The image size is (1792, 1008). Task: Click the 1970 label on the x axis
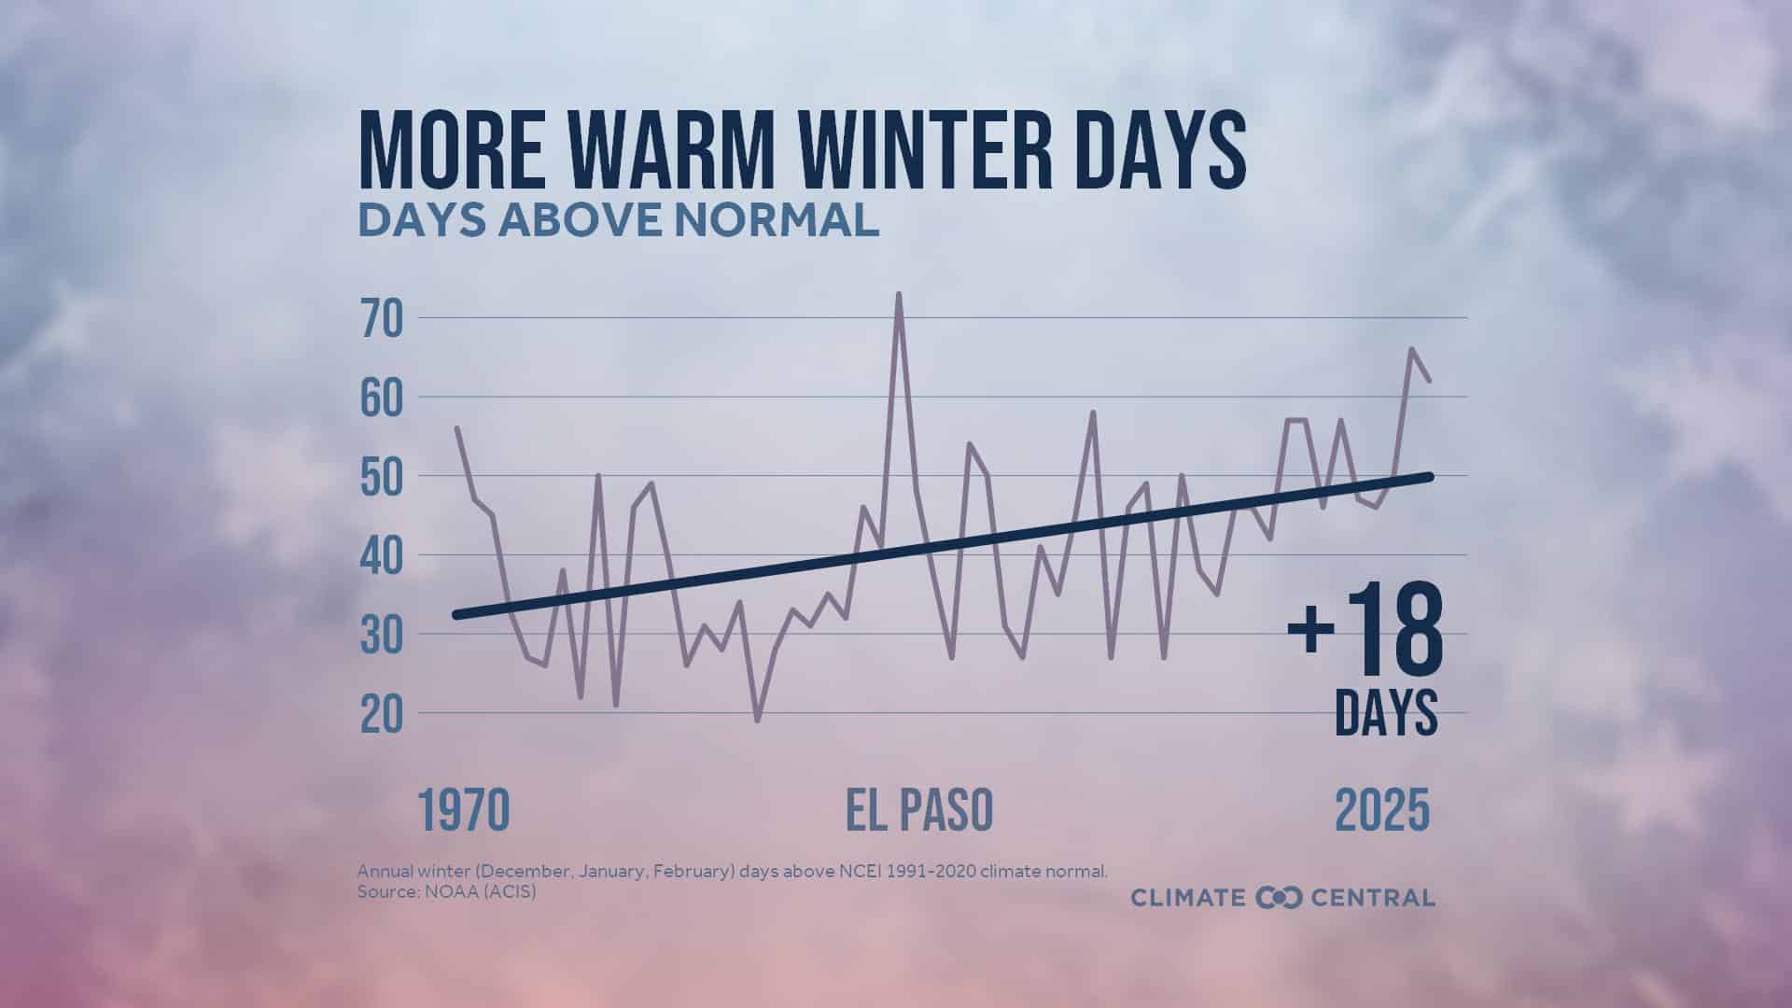[x=464, y=810]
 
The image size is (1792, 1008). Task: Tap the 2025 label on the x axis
[x=1382, y=810]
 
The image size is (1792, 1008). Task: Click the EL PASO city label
[x=919, y=810]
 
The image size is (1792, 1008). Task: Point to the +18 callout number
[x=1365, y=631]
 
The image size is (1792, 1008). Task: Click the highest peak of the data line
[x=898, y=294]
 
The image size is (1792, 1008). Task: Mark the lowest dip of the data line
[x=757, y=720]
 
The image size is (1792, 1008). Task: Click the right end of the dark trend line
[x=1430, y=476]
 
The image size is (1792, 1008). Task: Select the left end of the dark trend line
[x=455, y=615]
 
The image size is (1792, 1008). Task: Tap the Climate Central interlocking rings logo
[x=1279, y=898]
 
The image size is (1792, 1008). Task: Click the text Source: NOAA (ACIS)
[x=446, y=892]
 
